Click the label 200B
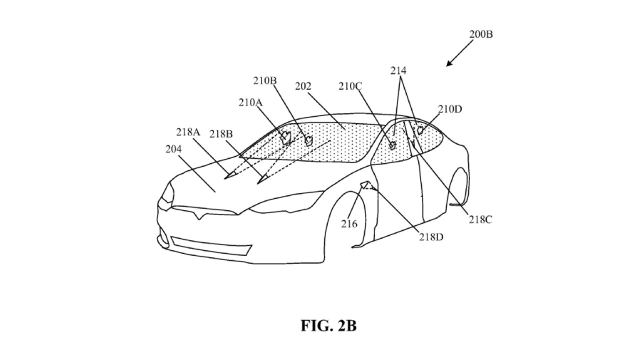pos(480,34)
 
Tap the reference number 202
pos(303,86)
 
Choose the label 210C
pos(350,86)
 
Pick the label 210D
pos(451,109)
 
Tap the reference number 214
pos(398,71)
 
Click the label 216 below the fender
pos(349,224)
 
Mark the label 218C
pos(480,219)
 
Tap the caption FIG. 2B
pos(328,326)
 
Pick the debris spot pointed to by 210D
pos(420,130)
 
